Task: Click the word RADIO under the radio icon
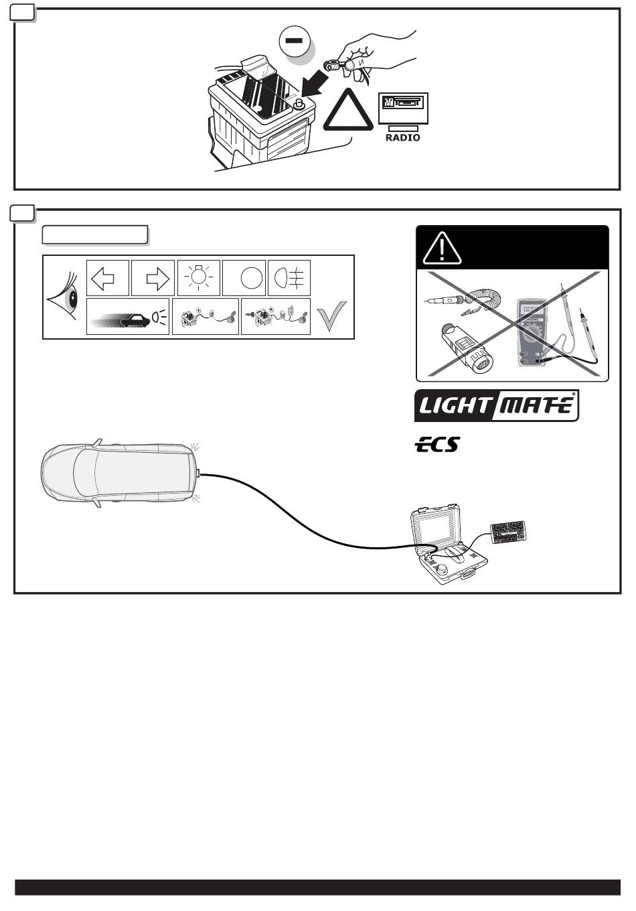[402, 137]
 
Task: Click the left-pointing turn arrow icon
[108, 278]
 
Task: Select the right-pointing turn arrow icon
[153, 278]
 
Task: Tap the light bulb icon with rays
[199, 277]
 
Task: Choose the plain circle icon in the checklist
[249, 278]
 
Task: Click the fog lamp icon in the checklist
[289, 278]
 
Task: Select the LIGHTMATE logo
[497, 406]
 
